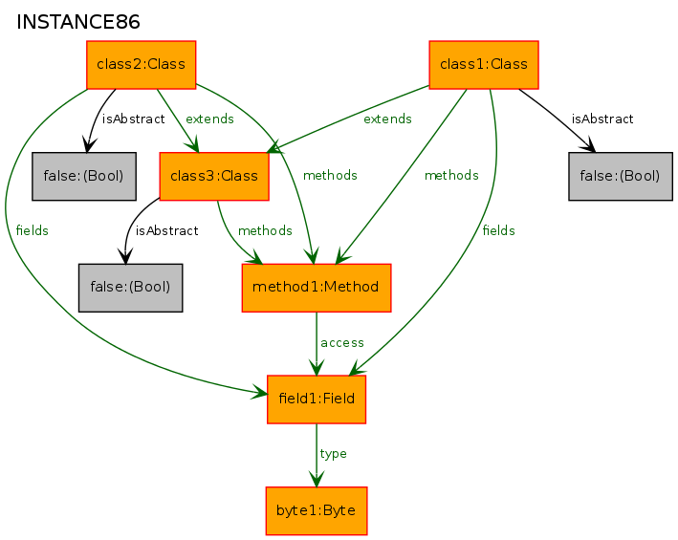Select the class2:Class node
(142, 65)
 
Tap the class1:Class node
(484, 65)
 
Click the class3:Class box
(213, 176)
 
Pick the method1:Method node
(317, 287)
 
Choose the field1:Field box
(317, 399)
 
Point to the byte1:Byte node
(317, 510)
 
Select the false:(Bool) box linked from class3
(130, 287)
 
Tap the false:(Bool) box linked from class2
(84, 176)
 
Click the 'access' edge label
(342, 342)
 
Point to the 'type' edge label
(334, 454)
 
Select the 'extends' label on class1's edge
(387, 119)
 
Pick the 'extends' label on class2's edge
(209, 119)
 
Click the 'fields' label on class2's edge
(33, 230)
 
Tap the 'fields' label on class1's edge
(499, 230)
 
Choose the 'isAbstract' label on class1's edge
(602, 119)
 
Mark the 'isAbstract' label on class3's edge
(166, 230)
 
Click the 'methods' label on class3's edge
(265, 230)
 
